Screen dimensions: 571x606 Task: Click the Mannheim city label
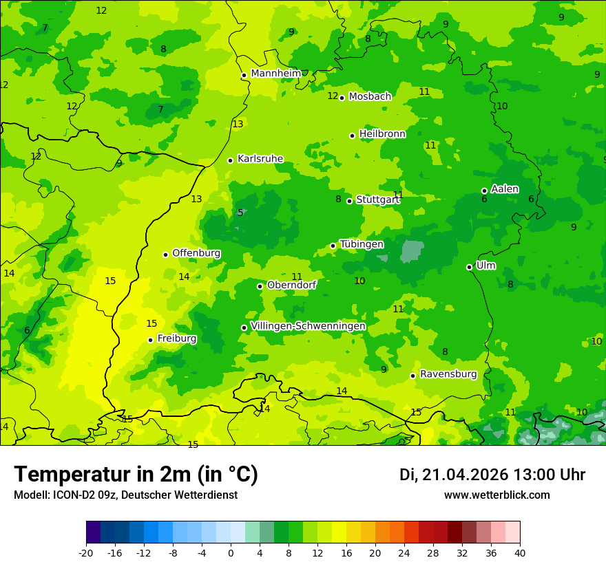click(x=276, y=74)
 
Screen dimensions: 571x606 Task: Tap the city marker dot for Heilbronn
click(x=352, y=136)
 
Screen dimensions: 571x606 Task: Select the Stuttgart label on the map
click(x=377, y=200)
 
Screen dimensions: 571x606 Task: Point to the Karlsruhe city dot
click(x=230, y=160)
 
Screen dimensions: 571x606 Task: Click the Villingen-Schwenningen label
click(x=308, y=326)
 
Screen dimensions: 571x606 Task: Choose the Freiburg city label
click(x=177, y=338)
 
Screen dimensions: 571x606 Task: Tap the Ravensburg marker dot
click(x=412, y=376)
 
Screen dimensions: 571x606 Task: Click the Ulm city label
click(x=485, y=266)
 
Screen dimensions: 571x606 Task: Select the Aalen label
click(x=505, y=189)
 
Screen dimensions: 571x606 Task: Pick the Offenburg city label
click(x=196, y=253)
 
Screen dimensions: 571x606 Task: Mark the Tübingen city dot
click(x=333, y=246)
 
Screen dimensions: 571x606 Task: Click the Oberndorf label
click(x=292, y=285)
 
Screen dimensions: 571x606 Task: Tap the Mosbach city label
click(x=370, y=97)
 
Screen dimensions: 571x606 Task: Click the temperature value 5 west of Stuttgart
click(x=240, y=213)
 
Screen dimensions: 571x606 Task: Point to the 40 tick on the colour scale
click(x=519, y=552)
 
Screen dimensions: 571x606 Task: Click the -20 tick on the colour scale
click(x=86, y=552)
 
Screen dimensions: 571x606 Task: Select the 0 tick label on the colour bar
click(x=231, y=552)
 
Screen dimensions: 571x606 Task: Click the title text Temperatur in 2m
click(x=136, y=474)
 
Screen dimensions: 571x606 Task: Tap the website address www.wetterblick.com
click(x=497, y=495)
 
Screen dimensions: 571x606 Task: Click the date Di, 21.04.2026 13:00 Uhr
click(x=492, y=475)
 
